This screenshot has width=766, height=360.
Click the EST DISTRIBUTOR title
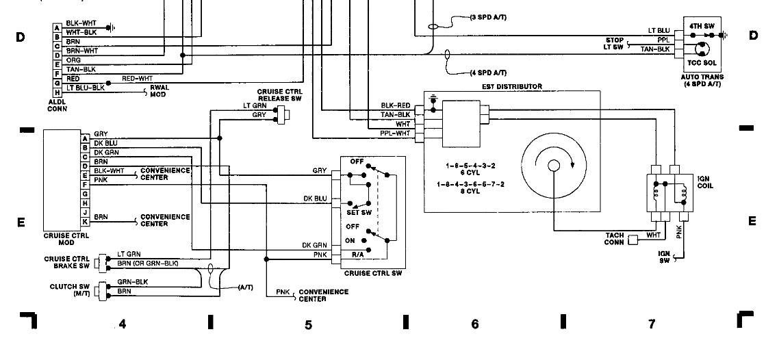511,86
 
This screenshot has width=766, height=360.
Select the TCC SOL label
702,63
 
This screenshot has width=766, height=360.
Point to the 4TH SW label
702,25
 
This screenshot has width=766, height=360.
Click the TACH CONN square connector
633,240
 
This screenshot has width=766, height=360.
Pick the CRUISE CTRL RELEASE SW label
280,94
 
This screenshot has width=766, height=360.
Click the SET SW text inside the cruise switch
359,212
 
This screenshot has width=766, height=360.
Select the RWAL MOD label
159,91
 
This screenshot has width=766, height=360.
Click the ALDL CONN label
57,105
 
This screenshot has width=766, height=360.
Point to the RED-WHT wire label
138,78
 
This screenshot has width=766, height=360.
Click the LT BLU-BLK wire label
86,88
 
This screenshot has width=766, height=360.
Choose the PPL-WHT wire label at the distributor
395,133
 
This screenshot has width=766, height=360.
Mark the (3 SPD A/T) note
488,17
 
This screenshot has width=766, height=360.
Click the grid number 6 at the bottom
475,324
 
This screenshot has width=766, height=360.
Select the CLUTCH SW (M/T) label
70,290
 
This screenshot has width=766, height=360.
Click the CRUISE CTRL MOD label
66,240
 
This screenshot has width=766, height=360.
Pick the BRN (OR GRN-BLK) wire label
148,263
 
